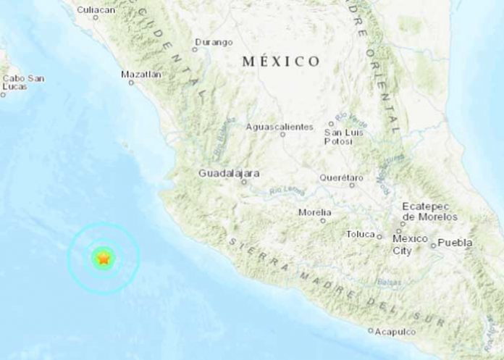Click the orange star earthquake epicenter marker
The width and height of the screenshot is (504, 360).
(104, 257)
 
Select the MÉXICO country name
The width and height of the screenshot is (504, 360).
(281, 62)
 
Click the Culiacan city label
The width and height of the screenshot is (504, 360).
(96, 9)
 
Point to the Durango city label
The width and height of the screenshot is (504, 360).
(214, 42)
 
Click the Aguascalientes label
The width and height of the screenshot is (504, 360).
(280, 127)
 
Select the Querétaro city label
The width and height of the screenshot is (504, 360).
(341, 177)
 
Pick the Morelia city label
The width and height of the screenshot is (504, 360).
(315, 212)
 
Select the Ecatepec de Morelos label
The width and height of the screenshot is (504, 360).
(430, 212)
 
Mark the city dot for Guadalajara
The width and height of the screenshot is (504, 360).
(244, 182)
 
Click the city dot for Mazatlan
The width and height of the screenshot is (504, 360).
(132, 83)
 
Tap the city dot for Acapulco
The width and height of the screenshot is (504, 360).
(371, 331)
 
